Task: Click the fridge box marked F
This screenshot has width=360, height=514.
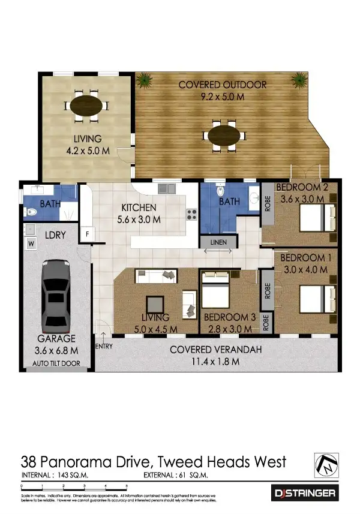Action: pyautogui.click(x=88, y=233)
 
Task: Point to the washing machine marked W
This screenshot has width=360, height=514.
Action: pyautogui.click(x=30, y=244)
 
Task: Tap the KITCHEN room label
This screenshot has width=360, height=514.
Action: pyautogui.click(x=139, y=208)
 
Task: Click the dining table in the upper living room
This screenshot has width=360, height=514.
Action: pyautogui.click(x=86, y=106)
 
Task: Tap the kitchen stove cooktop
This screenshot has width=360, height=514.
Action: pyautogui.click(x=192, y=214)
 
